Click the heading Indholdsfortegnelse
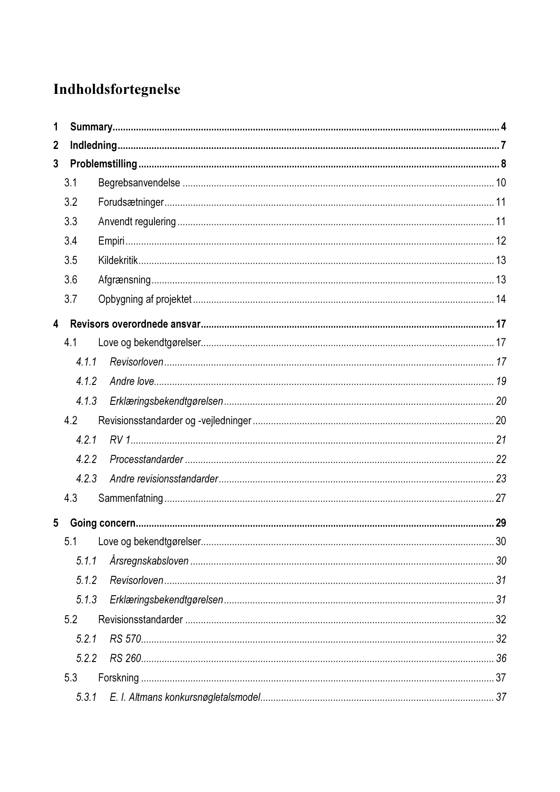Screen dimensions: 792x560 (117, 89)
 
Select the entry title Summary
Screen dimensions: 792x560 (91, 127)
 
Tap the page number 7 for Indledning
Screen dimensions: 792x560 (503, 145)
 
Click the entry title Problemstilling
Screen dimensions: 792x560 (103, 164)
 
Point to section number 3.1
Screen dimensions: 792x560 (70, 183)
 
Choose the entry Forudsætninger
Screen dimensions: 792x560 (131, 202)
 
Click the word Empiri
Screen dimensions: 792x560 (111, 241)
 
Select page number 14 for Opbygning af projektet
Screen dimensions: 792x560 (501, 299)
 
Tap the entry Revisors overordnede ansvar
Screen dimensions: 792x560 (135, 324)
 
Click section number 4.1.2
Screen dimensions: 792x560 (86, 381)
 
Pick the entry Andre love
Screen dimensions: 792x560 (132, 381)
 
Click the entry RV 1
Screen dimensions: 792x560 (120, 440)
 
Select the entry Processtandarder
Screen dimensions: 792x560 (146, 459)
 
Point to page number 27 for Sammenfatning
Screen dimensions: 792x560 (501, 498)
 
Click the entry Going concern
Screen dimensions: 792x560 (103, 523)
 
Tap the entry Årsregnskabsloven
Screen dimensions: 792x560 (149, 561)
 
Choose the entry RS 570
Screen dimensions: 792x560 (126, 639)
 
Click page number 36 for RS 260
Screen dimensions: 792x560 (501, 658)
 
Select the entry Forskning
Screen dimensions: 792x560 (118, 678)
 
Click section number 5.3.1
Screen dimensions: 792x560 (86, 697)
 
